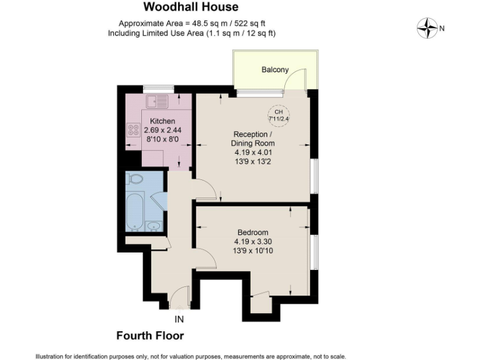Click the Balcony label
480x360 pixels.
point(275,69)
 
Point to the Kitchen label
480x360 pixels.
point(162,121)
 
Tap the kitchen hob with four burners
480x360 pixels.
point(133,131)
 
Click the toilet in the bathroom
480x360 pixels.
point(135,179)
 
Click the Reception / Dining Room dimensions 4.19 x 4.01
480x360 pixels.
point(254,151)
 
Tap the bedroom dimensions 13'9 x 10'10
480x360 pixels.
point(253,251)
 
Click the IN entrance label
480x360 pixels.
point(179,319)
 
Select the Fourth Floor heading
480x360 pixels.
point(150,336)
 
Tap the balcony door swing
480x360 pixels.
point(300,80)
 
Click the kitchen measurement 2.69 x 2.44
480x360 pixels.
point(162,130)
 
